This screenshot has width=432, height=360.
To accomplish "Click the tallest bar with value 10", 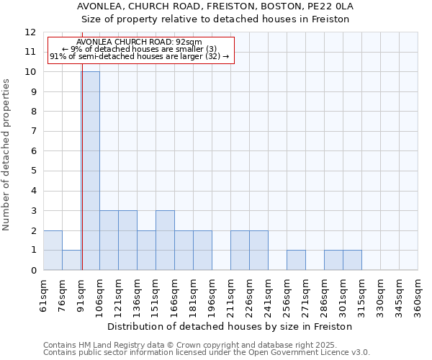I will point(90,171).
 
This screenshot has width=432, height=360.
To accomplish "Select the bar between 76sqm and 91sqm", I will point(71,260).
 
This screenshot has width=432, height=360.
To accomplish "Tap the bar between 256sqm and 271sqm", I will point(296,260).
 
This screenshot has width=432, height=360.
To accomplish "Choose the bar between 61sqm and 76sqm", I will point(53,251).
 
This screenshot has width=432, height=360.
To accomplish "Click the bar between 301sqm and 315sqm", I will point(352,260).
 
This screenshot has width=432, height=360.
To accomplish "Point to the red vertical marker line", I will point(82,180).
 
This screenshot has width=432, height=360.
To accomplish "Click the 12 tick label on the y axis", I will point(30,32).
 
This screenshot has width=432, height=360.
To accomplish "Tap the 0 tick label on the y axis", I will point(33,270).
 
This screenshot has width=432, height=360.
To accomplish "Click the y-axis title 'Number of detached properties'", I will point(7,155).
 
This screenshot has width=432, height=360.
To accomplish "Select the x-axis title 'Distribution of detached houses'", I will point(230,326).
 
